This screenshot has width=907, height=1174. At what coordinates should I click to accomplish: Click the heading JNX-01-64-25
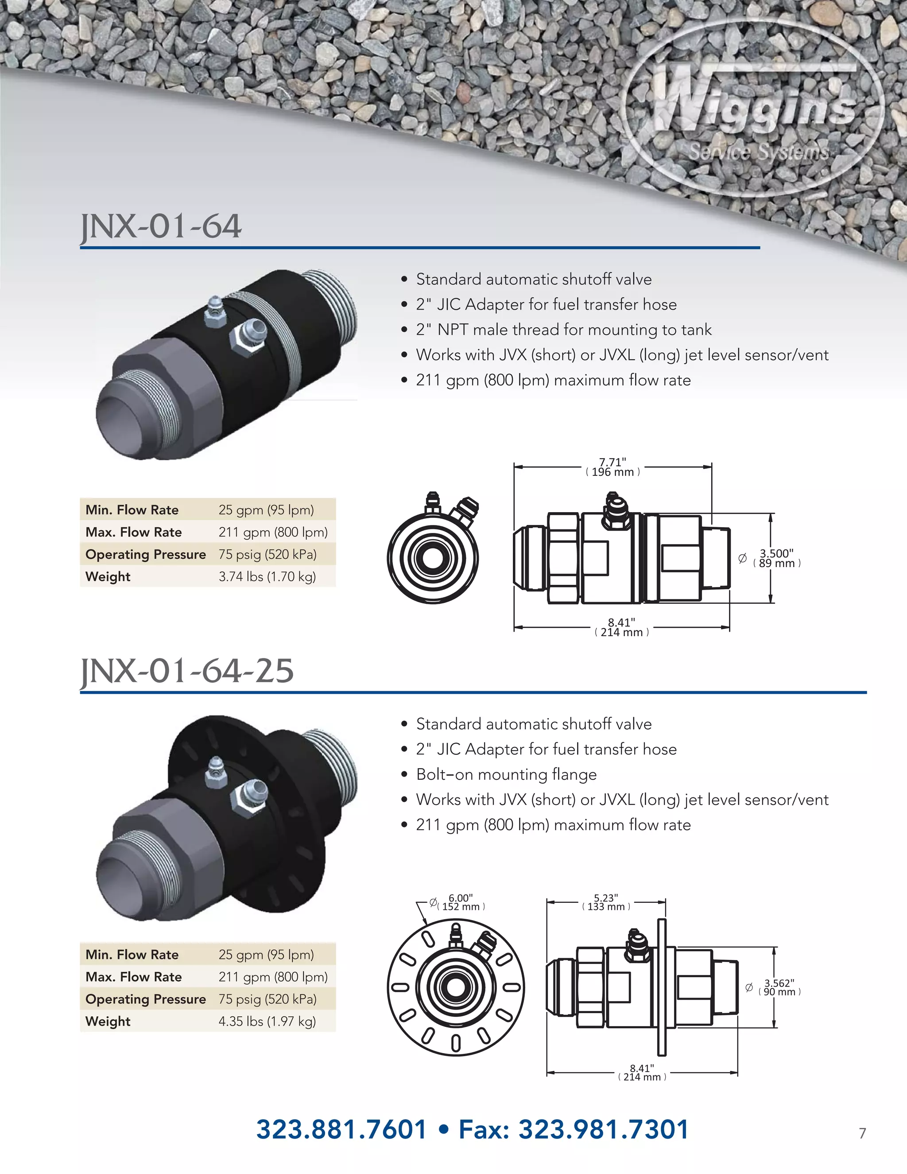coord(187,671)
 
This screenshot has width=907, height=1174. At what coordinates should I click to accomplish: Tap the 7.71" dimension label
coord(612,467)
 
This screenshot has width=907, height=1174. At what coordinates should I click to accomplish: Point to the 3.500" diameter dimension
coord(776,558)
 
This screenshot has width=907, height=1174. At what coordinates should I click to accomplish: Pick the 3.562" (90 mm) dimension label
coord(779,987)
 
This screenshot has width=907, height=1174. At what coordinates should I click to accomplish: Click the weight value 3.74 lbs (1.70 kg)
coord(267,576)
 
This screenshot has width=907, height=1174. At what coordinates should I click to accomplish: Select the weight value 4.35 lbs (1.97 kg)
coord(267,1021)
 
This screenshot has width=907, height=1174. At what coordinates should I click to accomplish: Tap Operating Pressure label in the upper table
coord(146,554)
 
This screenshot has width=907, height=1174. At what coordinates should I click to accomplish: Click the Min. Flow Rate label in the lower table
coord(132,954)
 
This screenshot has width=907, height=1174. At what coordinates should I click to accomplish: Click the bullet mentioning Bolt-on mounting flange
coord(506,774)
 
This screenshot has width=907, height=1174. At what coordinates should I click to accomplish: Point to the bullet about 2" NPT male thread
coord(564,330)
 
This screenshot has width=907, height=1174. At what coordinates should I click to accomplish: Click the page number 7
coord(862,1133)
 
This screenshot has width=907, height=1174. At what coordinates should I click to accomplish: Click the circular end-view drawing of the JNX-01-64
coord(433,556)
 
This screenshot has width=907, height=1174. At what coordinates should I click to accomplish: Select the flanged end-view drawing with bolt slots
coord(454,987)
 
